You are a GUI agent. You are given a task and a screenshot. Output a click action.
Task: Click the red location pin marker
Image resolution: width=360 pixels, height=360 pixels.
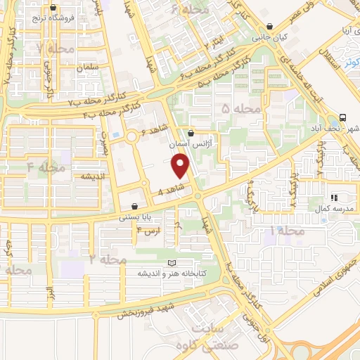point(181,165)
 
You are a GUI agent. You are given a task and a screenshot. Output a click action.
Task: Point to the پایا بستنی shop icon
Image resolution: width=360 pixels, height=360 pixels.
point(134,207)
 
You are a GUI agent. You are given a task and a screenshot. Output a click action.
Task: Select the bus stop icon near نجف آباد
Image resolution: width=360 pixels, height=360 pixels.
point(342,117)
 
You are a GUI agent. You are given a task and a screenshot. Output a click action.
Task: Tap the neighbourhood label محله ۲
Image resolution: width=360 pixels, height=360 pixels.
point(108,259)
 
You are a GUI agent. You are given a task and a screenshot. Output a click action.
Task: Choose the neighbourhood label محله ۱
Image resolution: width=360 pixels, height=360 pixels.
point(287,231)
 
